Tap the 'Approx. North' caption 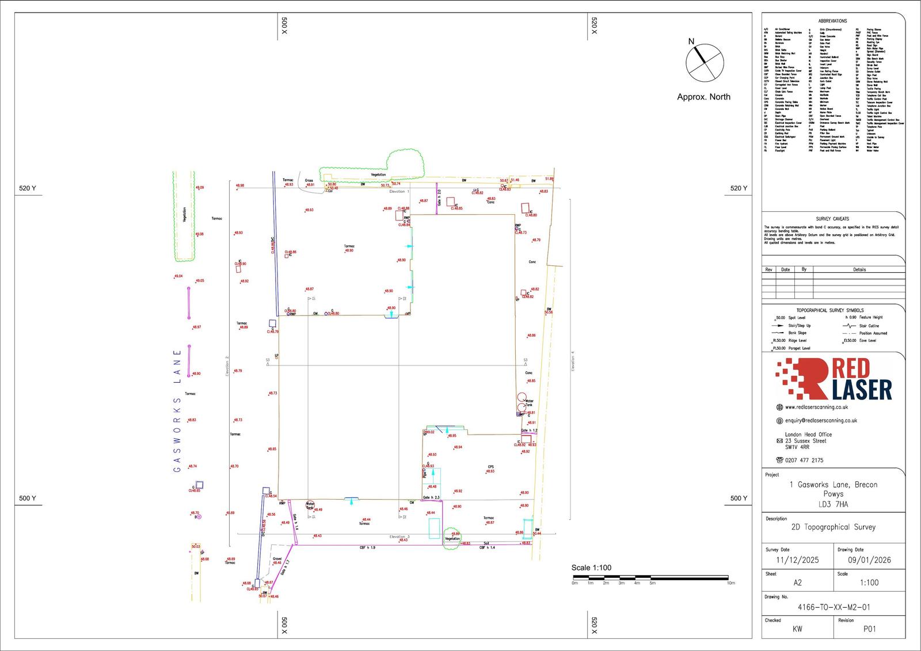pos(703,97)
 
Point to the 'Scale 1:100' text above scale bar pos(591,568)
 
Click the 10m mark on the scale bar pos(730,583)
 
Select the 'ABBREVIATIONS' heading pos(832,21)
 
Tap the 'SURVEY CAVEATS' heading pos(832,219)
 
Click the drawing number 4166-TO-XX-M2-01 pos(834,607)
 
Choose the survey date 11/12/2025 pos(797,560)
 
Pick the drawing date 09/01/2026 pos(869,560)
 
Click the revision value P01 pos(869,629)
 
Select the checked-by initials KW pos(797,629)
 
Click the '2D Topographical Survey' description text pos(833,527)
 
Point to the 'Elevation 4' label pos(573,361)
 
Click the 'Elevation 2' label pos(227,366)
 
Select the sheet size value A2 pos(797,583)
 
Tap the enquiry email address pos(821,421)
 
